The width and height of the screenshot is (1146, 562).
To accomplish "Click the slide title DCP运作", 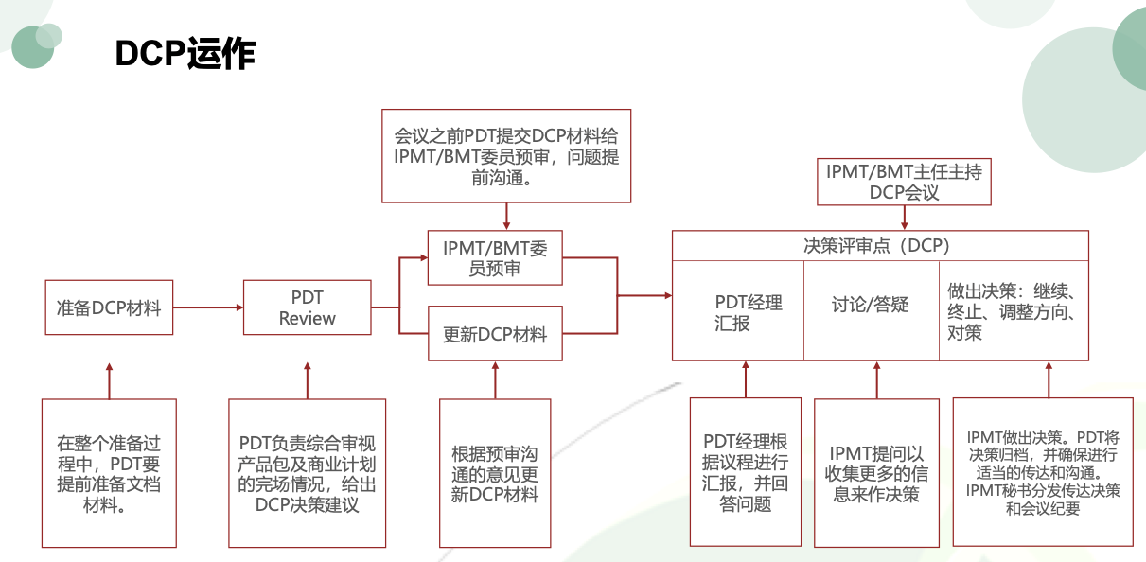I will coord(185,54).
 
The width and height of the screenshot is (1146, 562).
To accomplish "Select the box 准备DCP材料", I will coord(109,307).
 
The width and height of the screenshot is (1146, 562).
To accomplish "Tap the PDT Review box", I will coord(307,307).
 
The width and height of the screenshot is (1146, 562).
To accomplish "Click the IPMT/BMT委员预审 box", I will coord(495,258).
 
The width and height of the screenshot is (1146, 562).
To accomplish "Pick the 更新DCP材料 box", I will coord(495,334).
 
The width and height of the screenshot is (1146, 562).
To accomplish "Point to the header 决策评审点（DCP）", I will coord(880,246).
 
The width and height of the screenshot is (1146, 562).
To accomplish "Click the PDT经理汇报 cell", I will coord(738,312).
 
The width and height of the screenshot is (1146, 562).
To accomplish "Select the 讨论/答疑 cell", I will coord(871,305).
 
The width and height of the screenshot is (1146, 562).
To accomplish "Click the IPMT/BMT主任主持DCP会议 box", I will coord(904,182).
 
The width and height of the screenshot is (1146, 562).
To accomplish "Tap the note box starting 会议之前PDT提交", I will coord(506,155).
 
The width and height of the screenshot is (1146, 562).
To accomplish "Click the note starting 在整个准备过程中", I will coord(109,473).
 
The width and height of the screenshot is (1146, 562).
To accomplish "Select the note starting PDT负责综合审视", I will coord(307,473).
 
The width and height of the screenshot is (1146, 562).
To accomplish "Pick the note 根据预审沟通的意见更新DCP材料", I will coord(495,473).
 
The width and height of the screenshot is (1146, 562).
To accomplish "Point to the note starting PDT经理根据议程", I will coord(746,472).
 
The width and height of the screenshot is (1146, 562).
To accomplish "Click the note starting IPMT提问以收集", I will coord(876,472).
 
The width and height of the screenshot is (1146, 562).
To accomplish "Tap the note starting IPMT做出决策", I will coord(1043,472).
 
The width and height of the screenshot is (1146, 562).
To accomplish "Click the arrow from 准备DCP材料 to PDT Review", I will coord(208,307).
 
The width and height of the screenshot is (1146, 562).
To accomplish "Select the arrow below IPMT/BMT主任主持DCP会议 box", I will coord(905,218).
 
